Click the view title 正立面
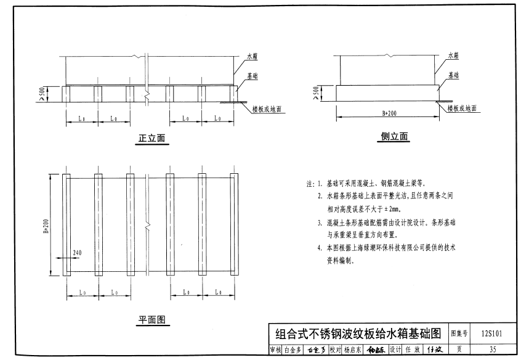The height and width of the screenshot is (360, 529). click(x=152, y=139)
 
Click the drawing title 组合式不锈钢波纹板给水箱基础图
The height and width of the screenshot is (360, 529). click(x=358, y=334)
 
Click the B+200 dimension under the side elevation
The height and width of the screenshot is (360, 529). click(x=389, y=113)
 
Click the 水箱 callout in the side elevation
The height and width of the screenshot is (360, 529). click(x=453, y=55)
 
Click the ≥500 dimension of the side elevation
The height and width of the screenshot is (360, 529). click(x=315, y=92)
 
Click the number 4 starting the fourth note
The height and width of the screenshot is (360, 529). click(x=320, y=248)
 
